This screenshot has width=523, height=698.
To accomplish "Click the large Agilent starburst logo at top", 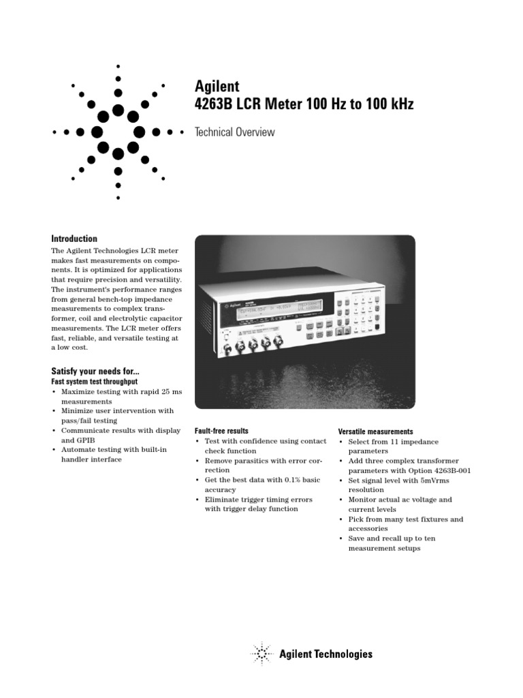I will [x=118, y=131].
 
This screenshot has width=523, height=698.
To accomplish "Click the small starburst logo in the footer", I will [x=262, y=654].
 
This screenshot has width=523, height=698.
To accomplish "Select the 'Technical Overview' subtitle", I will [x=235, y=132].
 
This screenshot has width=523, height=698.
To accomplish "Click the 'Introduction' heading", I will [x=75, y=239].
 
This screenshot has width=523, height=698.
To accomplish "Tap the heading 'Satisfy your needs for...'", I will [x=96, y=371].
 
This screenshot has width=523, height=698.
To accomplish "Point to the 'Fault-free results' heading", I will [x=221, y=431].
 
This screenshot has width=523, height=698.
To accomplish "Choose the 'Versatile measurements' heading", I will [x=376, y=431].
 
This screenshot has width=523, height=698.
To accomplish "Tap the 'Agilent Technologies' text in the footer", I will [x=326, y=654].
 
